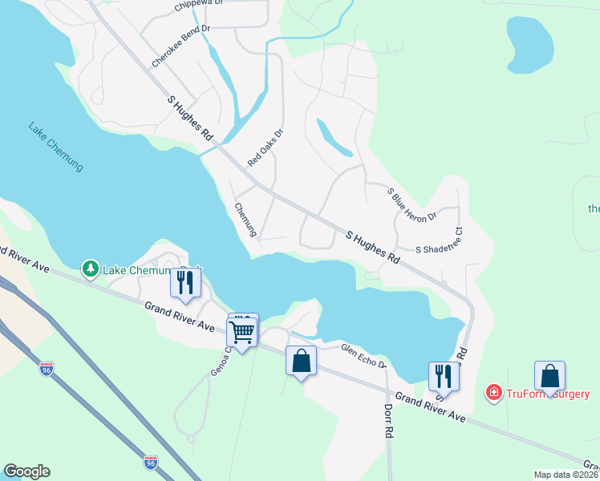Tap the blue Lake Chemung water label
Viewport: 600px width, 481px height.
coord(55,145)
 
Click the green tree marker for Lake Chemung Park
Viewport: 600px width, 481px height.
coord(91,269)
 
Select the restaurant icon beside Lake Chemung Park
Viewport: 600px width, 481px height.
coord(184,283)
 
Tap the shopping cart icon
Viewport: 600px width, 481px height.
coord(242,329)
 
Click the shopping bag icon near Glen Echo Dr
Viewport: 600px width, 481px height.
coord(301,361)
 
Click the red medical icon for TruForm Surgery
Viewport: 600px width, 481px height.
coord(493,393)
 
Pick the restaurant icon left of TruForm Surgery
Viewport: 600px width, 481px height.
coord(443,375)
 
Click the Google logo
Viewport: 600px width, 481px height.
coord(26,471)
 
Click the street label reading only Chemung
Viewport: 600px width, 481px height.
coord(245,219)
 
